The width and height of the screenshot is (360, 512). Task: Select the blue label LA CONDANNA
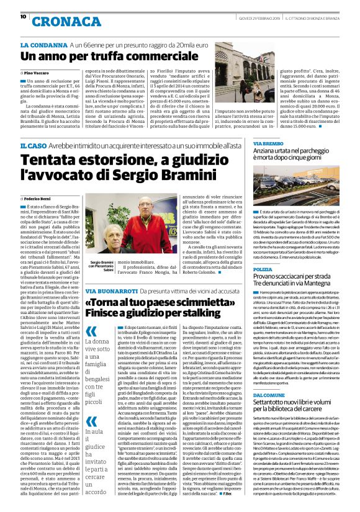pyautogui.click(x=43, y=45)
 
